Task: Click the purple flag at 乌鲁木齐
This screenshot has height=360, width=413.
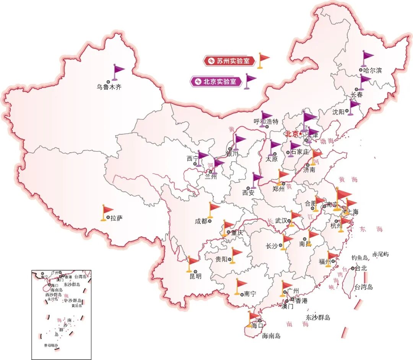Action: pyautogui.click(x=119, y=71)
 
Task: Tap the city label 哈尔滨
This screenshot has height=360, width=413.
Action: pyautogui.click(x=372, y=70)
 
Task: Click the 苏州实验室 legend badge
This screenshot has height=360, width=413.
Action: pyautogui.click(x=229, y=60)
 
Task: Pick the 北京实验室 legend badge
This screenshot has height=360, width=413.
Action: pyautogui.click(x=216, y=81)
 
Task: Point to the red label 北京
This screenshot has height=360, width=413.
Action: pyautogui.click(x=292, y=134)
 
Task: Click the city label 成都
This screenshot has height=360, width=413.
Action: pyautogui.click(x=201, y=221)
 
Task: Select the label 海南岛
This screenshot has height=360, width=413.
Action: pyautogui.click(x=271, y=336)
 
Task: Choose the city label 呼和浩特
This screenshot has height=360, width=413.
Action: pyautogui.click(x=266, y=122)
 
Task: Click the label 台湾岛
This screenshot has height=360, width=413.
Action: pyautogui.click(x=364, y=287)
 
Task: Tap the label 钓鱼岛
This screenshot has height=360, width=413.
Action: pyautogui.click(x=360, y=258)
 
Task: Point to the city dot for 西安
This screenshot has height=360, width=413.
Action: pyautogui.click(x=248, y=188)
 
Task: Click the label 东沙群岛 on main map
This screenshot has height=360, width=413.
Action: pyautogui.click(x=318, y=317)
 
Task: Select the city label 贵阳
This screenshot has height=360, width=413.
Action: pyautogui.click(x=221, y=259)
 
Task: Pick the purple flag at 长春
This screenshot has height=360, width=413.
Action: pyautogui.click(x=364, y=80)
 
